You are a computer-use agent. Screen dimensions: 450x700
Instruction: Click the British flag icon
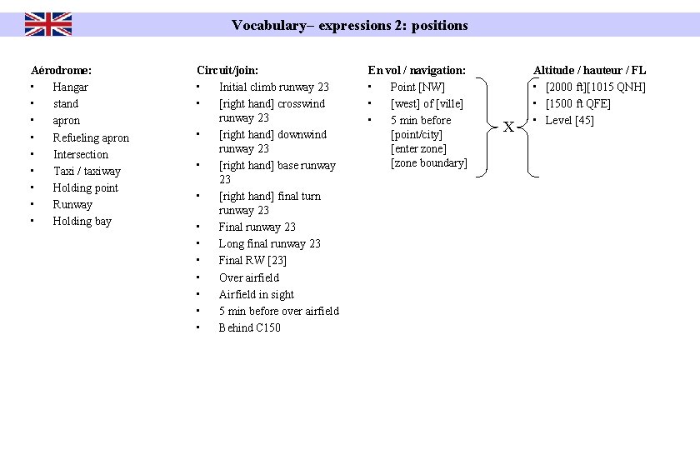48,24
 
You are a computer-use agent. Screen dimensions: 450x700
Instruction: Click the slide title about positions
350,25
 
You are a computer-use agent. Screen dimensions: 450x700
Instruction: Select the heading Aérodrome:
61,70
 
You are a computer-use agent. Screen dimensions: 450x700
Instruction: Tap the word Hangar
70,87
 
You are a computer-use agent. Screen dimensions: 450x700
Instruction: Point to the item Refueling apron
91,137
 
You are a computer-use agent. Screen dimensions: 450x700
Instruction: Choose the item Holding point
85,187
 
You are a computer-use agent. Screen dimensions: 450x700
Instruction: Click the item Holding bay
82,221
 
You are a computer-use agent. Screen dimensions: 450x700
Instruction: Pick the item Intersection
81,154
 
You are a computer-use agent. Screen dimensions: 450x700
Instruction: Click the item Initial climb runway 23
273,87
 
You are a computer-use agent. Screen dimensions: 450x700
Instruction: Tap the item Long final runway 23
269,243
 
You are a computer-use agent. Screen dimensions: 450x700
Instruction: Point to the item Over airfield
249,277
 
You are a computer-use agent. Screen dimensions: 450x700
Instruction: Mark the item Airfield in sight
256,294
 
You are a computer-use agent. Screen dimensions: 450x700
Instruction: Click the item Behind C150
249,327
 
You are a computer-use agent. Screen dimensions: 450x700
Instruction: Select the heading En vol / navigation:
417,70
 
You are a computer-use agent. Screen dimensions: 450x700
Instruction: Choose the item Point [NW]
417,87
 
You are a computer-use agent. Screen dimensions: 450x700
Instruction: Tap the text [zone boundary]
429,162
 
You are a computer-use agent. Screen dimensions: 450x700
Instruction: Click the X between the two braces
507,127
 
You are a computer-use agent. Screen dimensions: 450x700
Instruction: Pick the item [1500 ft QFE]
578,103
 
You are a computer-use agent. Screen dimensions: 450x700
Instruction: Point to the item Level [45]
570,120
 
